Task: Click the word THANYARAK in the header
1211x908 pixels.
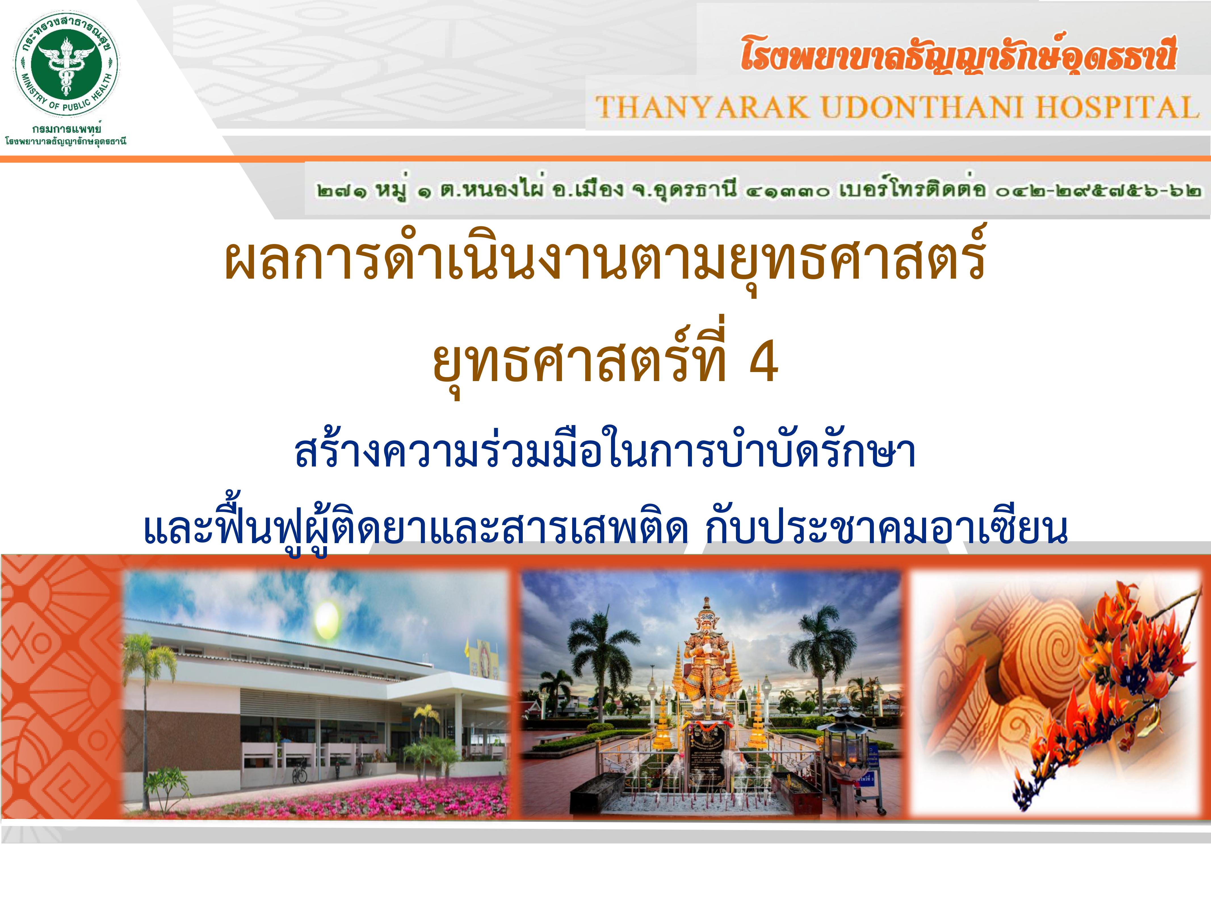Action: tap(702, 107)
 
